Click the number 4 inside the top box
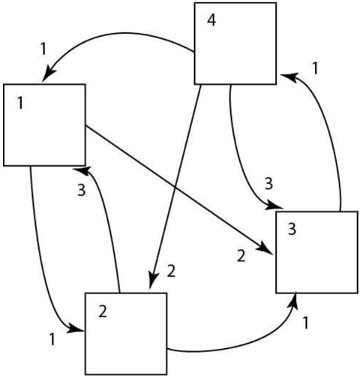pyautogui.click(x=211, y=20)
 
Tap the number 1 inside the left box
pyautogui.click(x=20, y=103)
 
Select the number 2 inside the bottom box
pyautogui.click(x=103, y=311)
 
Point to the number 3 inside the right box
pyautogui.click(x=292, y=229)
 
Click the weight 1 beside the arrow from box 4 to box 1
pyautogui.click(x=43, y=49)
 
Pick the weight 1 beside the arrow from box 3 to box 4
pyautogui.click(x=315, y=68)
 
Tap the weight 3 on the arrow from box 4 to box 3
pyautogui.click(x=268, y=184)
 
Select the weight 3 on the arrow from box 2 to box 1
pyautogui.click(x=82, y=191)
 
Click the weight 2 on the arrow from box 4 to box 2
pyautogui.click(x=171, y=271)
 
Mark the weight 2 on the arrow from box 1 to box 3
pyautogui.click(x=241, y=256)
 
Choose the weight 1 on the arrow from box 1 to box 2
pyautogui.click(x=52, y=339)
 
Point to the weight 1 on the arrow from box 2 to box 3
pyautogui.click(x=305, y=323)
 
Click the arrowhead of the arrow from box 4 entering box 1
pyautogui.click(x=49, y=73)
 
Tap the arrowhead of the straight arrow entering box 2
pyautogui.click(x=153, y=280)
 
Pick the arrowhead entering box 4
pyautogui.click(x=289, y=76)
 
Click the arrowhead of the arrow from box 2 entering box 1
pyautogui.click(x=81, y=170)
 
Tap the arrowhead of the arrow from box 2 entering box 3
pyautogui.click(x=295, y=301)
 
